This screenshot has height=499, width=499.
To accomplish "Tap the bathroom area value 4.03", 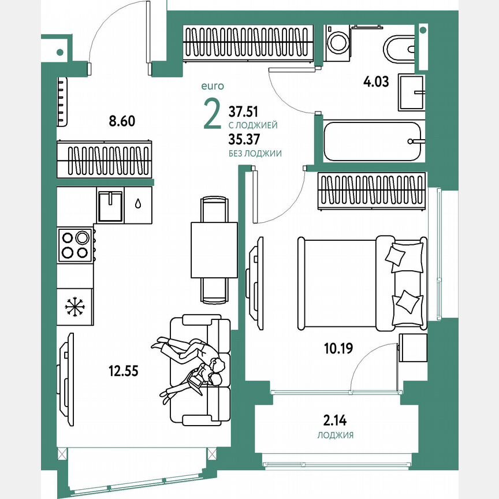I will [x=376, y=81].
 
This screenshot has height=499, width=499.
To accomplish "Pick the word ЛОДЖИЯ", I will [x=336, y=435].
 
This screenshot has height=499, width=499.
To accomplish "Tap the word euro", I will [x=212, y=86].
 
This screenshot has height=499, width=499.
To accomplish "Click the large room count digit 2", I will [x=212, y=114].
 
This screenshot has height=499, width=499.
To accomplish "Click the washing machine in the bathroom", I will [x=337, y=43].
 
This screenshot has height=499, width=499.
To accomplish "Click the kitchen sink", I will [x=110, y=206].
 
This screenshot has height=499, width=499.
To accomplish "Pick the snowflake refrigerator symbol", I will [x=75, y=306].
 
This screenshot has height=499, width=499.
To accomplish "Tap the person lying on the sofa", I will [x=191, y=364].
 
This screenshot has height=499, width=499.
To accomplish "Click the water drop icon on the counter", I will [x=139, y=203].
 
